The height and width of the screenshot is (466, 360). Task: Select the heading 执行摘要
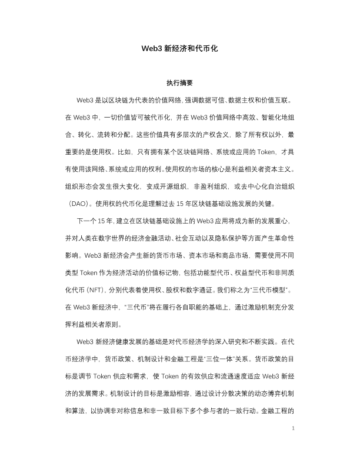click(x=179, y=84)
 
